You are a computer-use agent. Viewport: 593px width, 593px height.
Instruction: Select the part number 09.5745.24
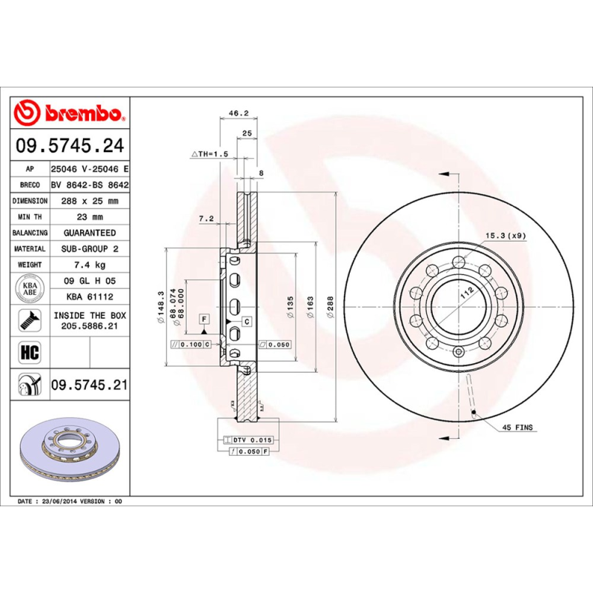tap(70, 146)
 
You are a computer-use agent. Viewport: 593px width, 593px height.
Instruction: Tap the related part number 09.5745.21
tap(90, 385)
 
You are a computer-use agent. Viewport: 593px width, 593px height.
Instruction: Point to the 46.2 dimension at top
tap(237, 114)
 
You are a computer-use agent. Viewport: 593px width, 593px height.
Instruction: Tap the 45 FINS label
tap(517, 428)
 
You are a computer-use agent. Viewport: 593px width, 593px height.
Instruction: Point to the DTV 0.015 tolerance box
tap(252, 440)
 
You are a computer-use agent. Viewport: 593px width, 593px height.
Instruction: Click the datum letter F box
tap(201, 318)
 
